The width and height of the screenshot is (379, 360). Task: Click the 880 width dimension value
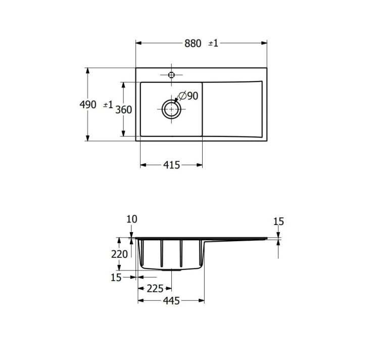pos(193,43)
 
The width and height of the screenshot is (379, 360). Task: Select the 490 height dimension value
pos(88,105)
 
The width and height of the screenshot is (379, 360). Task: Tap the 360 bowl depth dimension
pos(123,110)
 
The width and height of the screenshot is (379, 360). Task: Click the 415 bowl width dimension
pos(171,165)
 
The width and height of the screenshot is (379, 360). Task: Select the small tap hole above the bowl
pos(171,75)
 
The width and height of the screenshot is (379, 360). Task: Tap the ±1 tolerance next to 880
pos(213,43)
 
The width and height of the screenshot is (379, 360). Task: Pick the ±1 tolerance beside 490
pos(108,105)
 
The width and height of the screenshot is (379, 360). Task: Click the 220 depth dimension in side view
pos(119,254)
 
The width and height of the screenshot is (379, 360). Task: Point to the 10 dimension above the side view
pos(131,219)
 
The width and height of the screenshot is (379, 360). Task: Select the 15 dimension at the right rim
pos(278,221)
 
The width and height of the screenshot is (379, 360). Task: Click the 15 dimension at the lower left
pos(116,277)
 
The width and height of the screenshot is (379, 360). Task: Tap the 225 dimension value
pos(155,289)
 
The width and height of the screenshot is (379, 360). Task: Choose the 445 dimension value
pos(171,301)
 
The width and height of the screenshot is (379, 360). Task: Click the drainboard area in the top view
pos(232,109)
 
